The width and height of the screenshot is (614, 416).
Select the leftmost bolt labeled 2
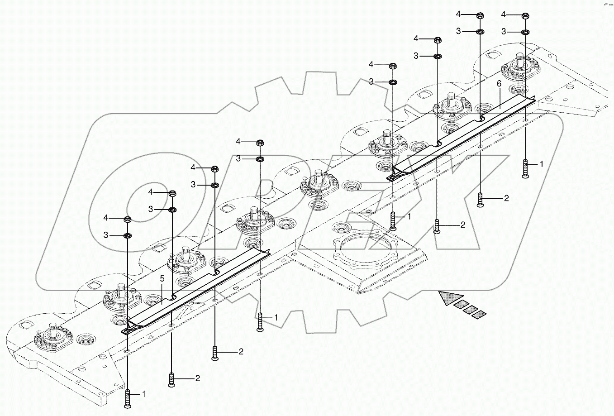(x=171, y=379)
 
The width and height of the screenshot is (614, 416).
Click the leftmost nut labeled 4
(x=128, y=219)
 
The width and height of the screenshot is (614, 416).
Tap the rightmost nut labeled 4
(x=525, y=16)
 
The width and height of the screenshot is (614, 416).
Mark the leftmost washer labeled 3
(x=128, y=235)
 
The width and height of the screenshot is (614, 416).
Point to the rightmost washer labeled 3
(x=525, y=32)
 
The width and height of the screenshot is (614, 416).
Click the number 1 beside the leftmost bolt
(x=144, y=394)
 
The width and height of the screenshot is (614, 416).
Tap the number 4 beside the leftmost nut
(x=105, y=218)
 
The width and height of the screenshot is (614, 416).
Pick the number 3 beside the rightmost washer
(x=504, y=31)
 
